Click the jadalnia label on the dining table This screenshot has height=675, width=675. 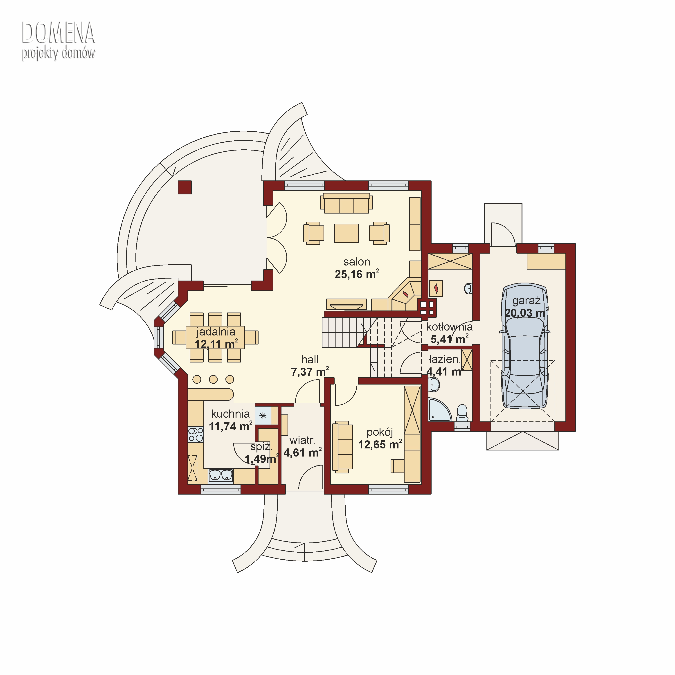point(216,332)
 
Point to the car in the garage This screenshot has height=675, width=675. point(525,346)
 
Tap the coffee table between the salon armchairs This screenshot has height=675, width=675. point(346,233)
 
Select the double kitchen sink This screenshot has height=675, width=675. point(221,475)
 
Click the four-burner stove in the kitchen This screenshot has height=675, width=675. point(196,435)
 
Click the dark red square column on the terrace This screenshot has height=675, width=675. point(184,187)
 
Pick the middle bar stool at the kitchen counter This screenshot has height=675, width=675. point(213,379)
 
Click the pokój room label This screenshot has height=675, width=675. point(380,432)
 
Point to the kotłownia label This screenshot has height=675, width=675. point(449,327)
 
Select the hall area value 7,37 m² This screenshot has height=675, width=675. point(310,372)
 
